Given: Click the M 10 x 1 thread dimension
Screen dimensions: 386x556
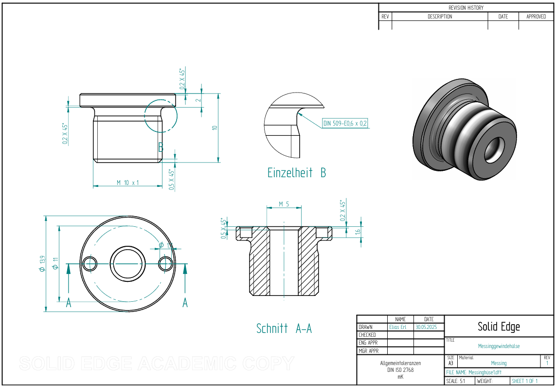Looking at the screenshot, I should coord(127,183).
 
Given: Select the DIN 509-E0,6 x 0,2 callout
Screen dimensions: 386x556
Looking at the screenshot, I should coord(345,123).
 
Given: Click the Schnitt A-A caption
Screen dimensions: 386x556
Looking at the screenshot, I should coord(284,329).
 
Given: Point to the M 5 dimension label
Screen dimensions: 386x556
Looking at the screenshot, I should coord(284,204).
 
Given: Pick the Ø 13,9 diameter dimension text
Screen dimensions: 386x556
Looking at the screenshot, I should coord(42,263).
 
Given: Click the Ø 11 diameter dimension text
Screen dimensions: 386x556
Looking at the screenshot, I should coord(55,263).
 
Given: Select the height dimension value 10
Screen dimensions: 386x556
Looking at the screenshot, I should coord(215,128).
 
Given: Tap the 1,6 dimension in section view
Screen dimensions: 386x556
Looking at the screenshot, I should coord(358,232).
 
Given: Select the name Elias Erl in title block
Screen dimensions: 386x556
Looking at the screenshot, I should coord(397,327).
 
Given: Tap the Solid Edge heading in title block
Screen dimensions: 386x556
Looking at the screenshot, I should coord(499,327).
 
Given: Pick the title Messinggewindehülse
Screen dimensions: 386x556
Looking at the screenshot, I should coord(499,346).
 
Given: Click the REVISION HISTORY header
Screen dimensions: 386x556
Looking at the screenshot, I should coord(466,8).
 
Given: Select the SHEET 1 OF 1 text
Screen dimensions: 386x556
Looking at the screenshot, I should coord(524,381).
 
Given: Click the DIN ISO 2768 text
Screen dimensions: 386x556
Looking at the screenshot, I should coord(400,370).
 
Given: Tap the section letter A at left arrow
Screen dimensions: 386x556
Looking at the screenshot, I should coord(69,303).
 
